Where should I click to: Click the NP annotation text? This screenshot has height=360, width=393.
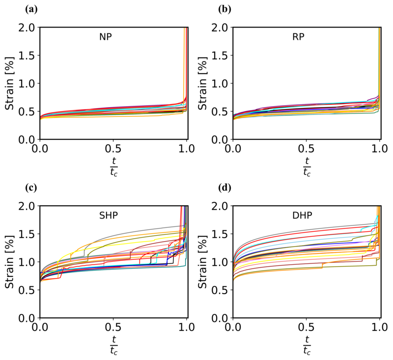pos(105,37)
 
